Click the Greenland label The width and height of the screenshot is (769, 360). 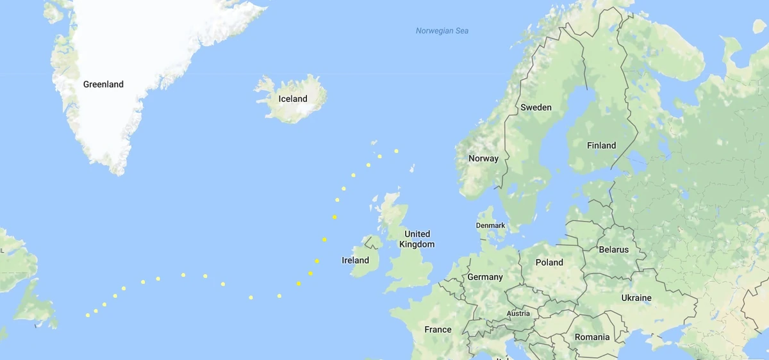(x=103, y=85)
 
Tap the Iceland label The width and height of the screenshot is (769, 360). (x=293, y=99)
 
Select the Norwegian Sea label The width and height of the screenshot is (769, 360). (x=442, y=31)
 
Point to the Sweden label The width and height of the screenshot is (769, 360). (x=536, y=107)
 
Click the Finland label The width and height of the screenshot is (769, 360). (x=601, y=145)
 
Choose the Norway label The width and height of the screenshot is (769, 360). (x=483, y=158)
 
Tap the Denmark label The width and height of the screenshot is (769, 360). (x=490, y=225)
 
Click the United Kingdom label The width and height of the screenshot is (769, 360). (x=417, y=239)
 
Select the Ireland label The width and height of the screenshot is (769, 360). (x=356, y=260)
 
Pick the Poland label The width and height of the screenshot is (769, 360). (x=549, y=262)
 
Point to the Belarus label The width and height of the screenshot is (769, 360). (x=614, y=249)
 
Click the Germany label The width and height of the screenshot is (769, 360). (x=485, y=277)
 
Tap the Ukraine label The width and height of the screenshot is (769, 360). (x=636, y=298)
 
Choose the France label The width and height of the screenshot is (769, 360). (x=438, y=329)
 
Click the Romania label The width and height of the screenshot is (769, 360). (x=591, y=337)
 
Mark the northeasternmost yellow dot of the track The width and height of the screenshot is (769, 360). (x=396, y=151)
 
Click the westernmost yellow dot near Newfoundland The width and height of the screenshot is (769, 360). (x=88, y=315)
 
